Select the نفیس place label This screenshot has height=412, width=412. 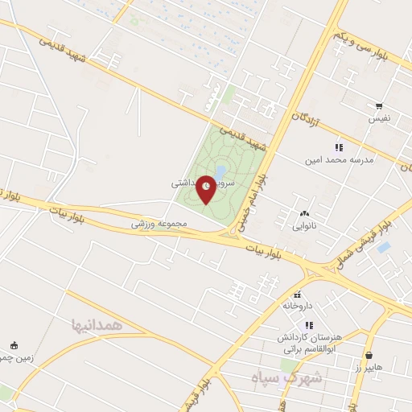[378, 118]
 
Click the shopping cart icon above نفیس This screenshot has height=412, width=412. [378, 105]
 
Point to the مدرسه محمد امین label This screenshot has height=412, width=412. [339, 159]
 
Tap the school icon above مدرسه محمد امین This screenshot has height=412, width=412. [339, 147]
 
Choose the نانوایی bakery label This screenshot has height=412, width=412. [304, 226]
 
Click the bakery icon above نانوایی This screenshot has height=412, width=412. [304, 214]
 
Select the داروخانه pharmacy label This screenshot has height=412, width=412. [296, 306]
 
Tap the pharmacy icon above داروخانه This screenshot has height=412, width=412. [298, 294]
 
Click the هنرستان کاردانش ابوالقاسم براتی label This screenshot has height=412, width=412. [309, 336]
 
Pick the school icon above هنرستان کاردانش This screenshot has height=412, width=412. [309, 325]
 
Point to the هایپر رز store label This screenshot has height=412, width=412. [369, 367]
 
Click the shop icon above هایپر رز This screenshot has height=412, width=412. [369, 355]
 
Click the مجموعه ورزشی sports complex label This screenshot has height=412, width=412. [159, 223]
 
